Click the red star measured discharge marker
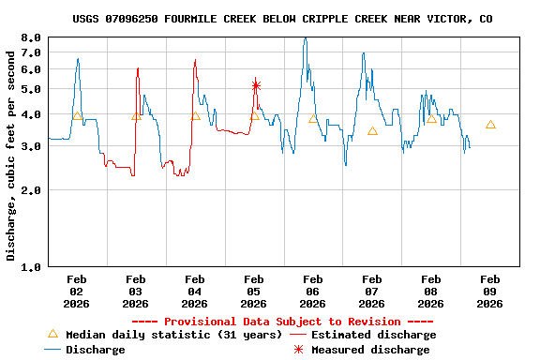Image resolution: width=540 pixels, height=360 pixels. coord(255,85)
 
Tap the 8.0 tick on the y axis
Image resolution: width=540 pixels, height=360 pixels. coord(31,37)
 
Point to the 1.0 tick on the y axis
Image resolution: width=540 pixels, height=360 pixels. coord(31,267)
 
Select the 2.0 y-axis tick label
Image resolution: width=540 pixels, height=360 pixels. coord(31,190)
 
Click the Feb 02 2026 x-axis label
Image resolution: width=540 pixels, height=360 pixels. coord(77,291)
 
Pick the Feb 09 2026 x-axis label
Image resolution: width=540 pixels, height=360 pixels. coord(489,291)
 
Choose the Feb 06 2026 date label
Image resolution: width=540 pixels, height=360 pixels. coord(313,291)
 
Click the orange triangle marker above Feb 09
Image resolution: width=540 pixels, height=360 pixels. coord(490,125)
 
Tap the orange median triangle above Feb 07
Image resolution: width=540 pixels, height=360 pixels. coord(372,131)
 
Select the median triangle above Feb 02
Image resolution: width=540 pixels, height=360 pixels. coord(78,115)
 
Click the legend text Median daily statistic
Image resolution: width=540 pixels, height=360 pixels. coord(173,335)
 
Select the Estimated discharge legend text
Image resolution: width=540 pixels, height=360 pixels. coord(373,335)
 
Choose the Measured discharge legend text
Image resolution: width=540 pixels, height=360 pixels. coord(370,350)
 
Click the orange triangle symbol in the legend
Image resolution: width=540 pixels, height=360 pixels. coord(52,334)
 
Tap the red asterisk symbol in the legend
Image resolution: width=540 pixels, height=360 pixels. coord(298,350)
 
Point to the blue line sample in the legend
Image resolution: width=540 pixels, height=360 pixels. coord(52,350)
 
